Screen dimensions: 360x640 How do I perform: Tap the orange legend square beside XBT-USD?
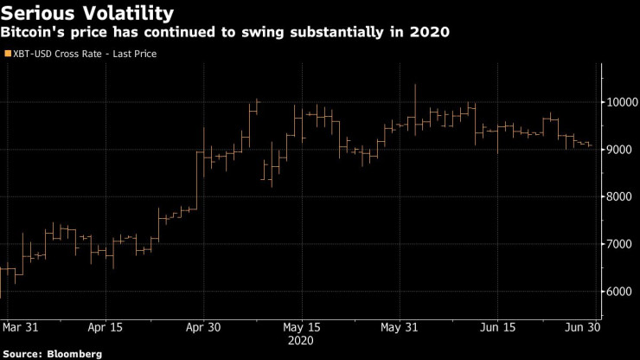coord(7,54)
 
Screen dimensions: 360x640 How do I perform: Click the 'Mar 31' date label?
coord(20,327)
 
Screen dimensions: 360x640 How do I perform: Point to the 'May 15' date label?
coord(302,327)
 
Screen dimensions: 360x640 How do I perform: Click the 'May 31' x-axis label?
coord(400,327)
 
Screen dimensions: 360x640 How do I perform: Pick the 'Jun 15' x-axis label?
coord(496,327)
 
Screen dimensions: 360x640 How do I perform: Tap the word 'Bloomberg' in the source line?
coord(74,353)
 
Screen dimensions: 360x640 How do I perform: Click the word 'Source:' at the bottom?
coord(22,353)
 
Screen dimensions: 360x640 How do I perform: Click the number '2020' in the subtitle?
coord(431,33)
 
